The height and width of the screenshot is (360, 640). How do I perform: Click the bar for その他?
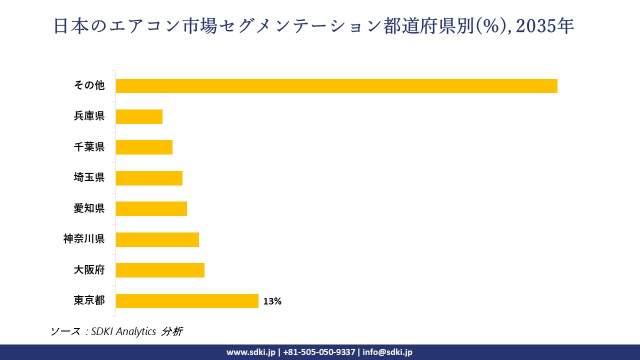[x=336, y=86]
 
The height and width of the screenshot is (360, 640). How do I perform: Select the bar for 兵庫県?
[x=139, y=116]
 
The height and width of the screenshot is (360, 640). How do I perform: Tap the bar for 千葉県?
[x=144, y=147]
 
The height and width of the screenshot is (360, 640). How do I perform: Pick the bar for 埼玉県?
[x=149, y=178]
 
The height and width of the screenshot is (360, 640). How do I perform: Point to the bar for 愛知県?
[x=151, y=209]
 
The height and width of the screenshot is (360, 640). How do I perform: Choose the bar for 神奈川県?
[x=157, y=239]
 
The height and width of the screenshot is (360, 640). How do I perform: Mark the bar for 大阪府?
[x=160, y=270]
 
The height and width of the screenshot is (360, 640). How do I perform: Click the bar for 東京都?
[x=187, y=301]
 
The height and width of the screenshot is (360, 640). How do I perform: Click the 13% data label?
[x=272, y=301]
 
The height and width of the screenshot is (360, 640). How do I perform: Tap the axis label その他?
[x=89, y=85]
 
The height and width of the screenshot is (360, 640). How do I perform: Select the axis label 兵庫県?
[x=89, y=116]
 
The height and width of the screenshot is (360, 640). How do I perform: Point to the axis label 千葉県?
[x=89, y=147]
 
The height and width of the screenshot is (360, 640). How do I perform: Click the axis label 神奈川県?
[x=84, y=239]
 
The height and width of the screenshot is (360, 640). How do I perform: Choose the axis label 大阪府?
[x=89, y=270]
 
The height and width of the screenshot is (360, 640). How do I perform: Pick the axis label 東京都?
[x=89, y=301]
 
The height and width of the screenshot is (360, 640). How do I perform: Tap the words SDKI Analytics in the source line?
[x=124, y=331]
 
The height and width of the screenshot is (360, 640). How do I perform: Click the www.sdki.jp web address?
[x=251, y=352]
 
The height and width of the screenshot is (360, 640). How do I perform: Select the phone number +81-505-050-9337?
[x=319, y=352]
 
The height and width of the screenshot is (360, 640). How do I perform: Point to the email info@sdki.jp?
[x=387, y=352]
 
